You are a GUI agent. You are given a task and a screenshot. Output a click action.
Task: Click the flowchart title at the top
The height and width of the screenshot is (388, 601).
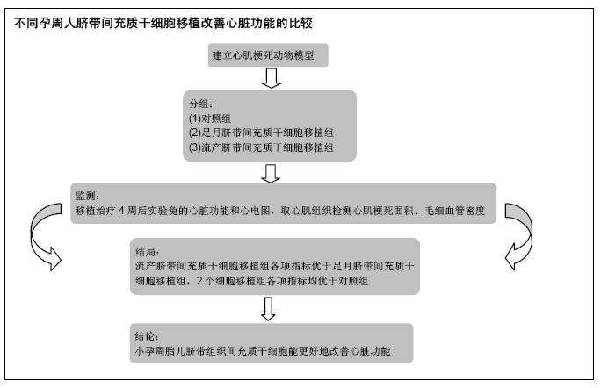click(163, 24)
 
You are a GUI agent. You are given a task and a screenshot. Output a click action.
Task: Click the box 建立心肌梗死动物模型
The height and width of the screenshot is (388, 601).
click(268, 55)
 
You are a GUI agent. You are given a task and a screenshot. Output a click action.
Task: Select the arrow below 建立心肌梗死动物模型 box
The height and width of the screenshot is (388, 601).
click(271, 78)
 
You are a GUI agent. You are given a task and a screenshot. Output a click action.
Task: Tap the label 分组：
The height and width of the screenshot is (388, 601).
click(201, 104)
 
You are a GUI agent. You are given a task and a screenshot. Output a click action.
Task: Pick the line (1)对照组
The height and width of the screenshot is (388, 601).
click(210, 118)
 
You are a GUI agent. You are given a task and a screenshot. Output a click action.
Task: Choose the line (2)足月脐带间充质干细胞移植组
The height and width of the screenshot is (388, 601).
click(261, 133)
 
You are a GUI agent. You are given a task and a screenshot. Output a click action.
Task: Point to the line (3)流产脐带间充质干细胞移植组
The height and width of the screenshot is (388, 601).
click(261, 147)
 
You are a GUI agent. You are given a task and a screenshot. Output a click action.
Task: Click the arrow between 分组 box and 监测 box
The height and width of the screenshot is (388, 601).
click(271, 174)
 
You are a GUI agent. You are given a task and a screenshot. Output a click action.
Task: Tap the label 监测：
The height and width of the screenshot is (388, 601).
click(87, 196)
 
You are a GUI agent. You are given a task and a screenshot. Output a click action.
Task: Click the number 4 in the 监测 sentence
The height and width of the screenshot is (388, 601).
click(121, 211)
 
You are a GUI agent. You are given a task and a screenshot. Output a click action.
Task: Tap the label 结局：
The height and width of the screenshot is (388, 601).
click(148, 252)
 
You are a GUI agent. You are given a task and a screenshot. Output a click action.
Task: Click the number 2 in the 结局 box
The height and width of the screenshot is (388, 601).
click(199, 281)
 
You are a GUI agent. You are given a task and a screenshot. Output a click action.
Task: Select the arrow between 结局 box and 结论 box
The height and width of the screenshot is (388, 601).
click(268, 309)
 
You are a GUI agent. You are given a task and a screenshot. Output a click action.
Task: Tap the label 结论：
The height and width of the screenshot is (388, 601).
click(148, 336)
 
